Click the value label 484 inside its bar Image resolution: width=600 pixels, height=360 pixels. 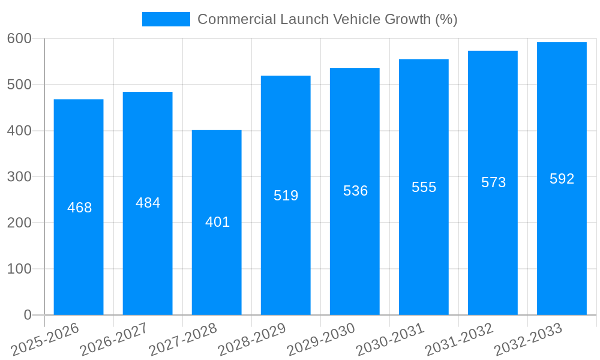click(x=148, y=203)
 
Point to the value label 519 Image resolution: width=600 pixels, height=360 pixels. click(x=286, y=196)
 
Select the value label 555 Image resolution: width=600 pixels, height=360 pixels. click(x=424, y=187)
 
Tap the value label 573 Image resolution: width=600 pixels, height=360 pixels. click(x=493, y=182)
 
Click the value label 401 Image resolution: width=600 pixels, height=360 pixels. click(x=217, y=222)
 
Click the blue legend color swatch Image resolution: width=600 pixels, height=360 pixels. click(x=166, y=19)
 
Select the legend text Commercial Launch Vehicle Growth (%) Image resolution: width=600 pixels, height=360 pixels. click(x=327, y=19)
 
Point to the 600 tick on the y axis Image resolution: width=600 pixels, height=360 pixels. click(x=19, y=38)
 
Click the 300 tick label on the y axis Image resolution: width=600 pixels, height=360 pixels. click(x=19, y=176)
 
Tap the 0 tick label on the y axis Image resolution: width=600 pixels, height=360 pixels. click(x=28, y=315)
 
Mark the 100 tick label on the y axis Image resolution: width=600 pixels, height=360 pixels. click(x=19, y=269)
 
